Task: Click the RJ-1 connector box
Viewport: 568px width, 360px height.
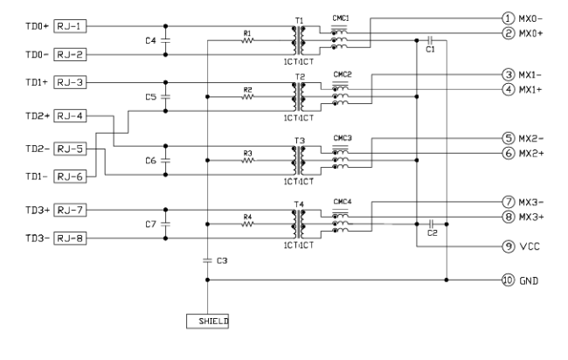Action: pos(70,25)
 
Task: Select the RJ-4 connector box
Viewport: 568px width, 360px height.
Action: pos(70,115)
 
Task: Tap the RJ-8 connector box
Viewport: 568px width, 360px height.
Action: pos(70,238)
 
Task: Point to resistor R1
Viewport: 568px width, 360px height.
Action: pos(247,40)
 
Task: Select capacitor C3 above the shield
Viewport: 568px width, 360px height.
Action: pos(207,260)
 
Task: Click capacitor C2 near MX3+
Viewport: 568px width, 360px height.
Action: pos(432,225)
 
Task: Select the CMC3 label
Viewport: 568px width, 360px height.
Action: pos(342,138)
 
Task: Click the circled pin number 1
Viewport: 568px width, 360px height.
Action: pos(507,17)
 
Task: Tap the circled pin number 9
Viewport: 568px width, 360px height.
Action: pos(507,248)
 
